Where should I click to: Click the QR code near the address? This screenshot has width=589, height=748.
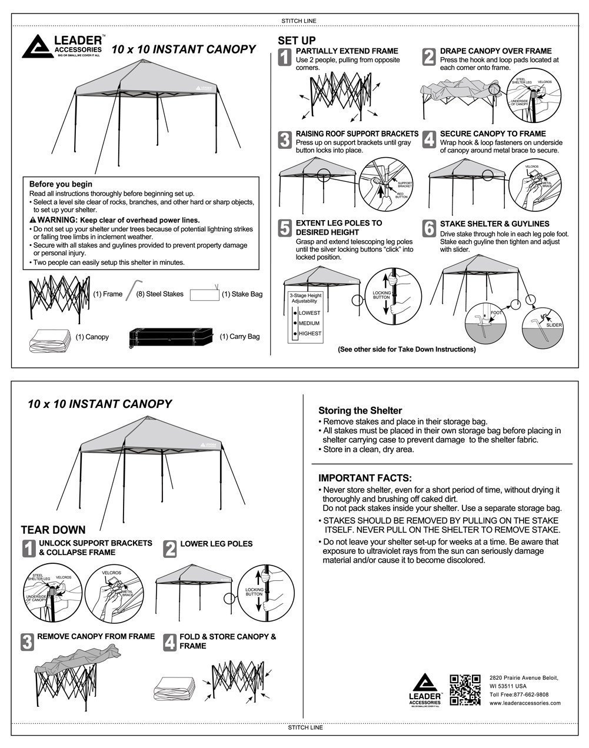point(465,690)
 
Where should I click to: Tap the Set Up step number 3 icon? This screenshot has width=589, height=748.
point(285,140)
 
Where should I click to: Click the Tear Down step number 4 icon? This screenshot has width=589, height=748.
point(170,642)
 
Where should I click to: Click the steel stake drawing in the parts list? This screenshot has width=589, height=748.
point(130,291)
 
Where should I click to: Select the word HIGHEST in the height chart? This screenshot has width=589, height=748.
point(310,334)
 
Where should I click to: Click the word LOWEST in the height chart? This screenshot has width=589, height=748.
point(310,313)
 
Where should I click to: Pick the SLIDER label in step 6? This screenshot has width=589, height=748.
point(554,325)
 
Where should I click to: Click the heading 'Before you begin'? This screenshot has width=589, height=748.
point(61,184)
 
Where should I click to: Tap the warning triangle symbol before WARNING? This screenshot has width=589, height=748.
point(32,220)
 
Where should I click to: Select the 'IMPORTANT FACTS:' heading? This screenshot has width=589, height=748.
point(365,478)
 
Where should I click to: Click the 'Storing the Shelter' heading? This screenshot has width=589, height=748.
point(360,411)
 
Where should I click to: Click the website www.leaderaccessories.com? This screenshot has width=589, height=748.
point(525,703)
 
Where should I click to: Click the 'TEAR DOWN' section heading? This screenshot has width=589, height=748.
point(53,530)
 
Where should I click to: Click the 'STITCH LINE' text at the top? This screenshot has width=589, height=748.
point(300,21)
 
